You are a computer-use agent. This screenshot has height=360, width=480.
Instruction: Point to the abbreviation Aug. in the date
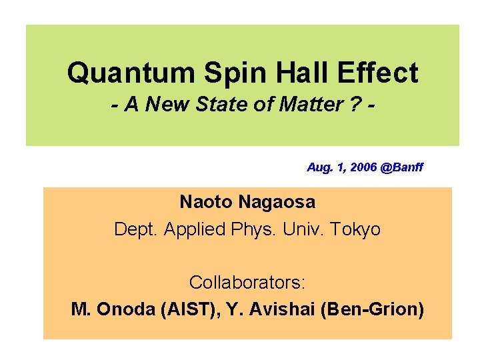pos(319,167)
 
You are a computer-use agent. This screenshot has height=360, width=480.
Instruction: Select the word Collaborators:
pos(247,282)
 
